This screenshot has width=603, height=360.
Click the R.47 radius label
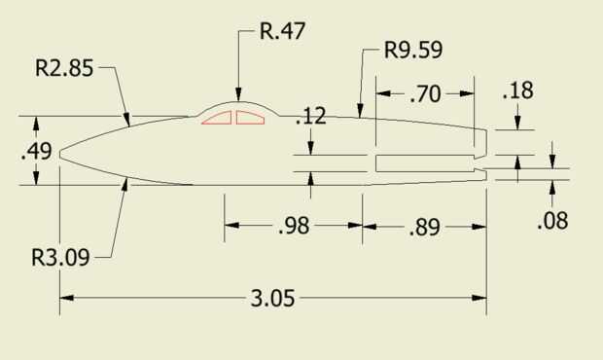[x=283, y=31]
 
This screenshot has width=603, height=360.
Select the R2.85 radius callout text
[x=64, y=68]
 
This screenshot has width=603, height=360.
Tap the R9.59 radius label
[x=413, y=50]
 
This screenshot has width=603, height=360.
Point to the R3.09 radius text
[x=60, y=257]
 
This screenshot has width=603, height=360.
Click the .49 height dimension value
[x=36, y=151]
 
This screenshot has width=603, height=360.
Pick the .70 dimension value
[x=425, y=94]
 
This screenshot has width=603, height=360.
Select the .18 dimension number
[x=517, y=90]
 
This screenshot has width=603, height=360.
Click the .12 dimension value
[x=310, y=116]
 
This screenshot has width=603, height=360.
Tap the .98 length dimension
[x=294, y=226]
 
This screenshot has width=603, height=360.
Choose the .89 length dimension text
[x=425, y=228]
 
